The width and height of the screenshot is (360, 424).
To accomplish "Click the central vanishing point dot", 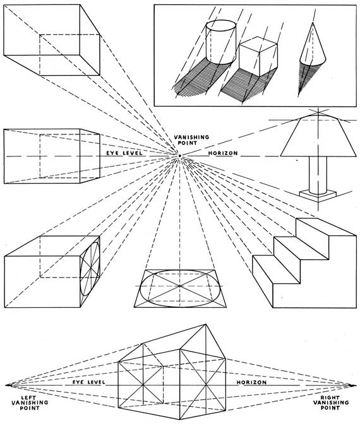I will pyautogui.click(x=180, y=155).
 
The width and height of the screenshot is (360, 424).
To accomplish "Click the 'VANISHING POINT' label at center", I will pyautogui.click(x=180, y=141).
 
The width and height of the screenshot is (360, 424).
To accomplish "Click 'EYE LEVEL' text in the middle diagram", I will pyautogui.click(x=124, y=153).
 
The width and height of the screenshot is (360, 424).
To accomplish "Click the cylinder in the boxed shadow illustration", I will pyautogui.click(x=221, y=44).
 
